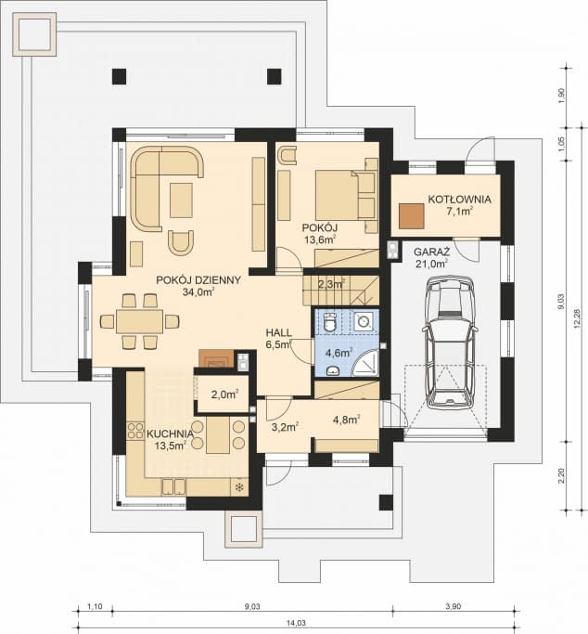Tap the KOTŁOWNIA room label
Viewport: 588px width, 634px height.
pyautogui.click(x=459, y=199)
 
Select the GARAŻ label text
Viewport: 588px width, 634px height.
pyautogui.click(x=432, y=252)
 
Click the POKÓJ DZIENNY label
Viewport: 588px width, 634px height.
pyautogui.click(x=198, y=279)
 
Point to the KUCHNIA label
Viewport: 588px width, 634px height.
pyautogui.click(x=170, y=433)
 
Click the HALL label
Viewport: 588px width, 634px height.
pyautogui.click(x=278, y=331)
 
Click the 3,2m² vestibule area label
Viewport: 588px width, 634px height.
pyautogui.click(x=284, y=427)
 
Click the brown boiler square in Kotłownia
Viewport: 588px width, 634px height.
pyautogui.click(x=410, y=216)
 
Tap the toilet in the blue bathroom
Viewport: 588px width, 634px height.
pyautogui.click(x=330, y=322)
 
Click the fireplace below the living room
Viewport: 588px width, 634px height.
pyautogui.click(x=216, y=359)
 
